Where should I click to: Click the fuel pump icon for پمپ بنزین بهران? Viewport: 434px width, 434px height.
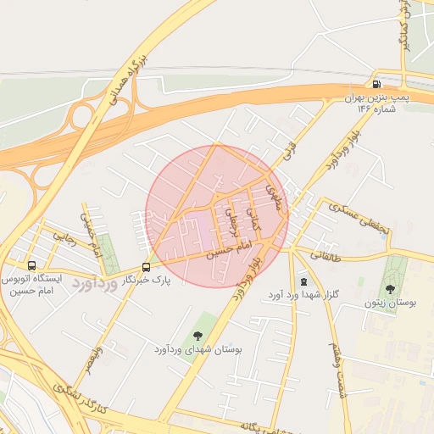tap(376, 84)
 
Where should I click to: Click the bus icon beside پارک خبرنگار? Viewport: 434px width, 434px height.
tap(147, 265)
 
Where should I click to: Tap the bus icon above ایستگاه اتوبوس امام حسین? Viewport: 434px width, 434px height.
tap(31, 265)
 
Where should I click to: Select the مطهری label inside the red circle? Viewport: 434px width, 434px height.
tap(271, 197)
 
